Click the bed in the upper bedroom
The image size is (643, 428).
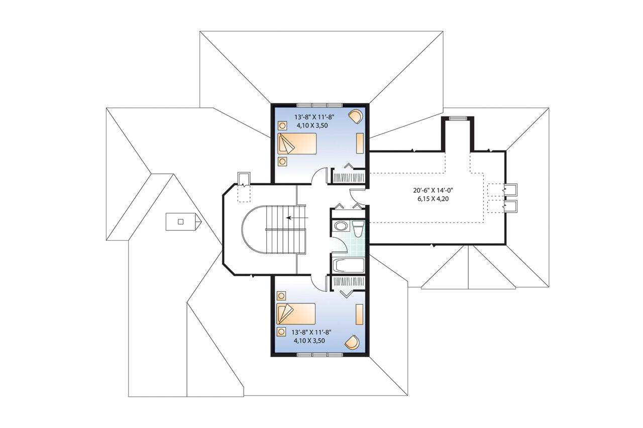(x=298, y=144)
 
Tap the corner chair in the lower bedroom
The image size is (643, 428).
(x=352, y=342)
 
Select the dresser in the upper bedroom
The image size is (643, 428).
(x=360, y=143)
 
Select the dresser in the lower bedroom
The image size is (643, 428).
(x=360, y=315)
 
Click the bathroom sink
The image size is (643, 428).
(x=340, y=226)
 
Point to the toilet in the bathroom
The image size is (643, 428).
(x=358, y=229)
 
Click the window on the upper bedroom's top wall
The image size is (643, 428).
(x=319, y=105)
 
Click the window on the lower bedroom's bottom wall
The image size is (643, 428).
(x=319, y=355)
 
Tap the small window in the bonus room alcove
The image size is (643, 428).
(x=457, y=118)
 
